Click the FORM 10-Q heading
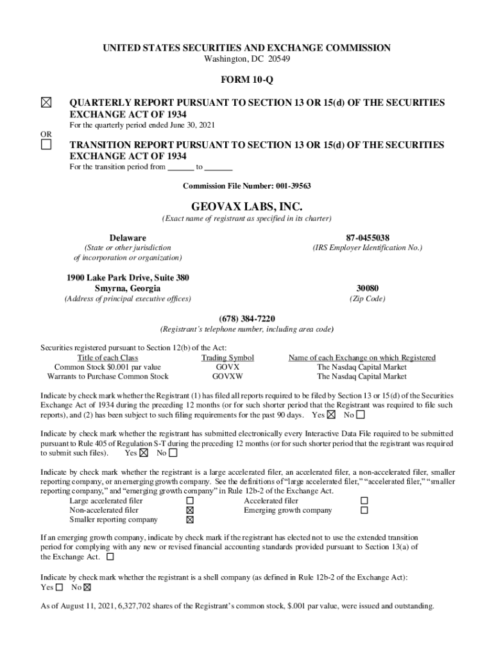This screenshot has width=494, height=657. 247,81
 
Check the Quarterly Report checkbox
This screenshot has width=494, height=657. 46,103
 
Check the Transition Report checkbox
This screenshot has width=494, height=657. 46,145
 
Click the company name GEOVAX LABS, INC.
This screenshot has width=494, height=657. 247,207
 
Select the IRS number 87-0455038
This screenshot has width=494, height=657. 367,237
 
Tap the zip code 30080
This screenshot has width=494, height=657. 367,288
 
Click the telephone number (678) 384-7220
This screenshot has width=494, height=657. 247,319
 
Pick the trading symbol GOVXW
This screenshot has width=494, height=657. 228,377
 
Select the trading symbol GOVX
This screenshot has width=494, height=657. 228,367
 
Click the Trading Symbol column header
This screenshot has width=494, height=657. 228,357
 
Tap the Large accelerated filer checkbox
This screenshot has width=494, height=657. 189,500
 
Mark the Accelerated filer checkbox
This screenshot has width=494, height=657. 364,500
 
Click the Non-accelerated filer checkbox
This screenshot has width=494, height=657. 189,510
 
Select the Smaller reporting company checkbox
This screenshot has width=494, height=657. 189,520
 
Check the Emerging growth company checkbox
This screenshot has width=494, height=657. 364,510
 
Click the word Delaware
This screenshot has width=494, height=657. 128,237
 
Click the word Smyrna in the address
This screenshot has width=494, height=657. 110,288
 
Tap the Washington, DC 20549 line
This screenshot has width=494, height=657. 246,59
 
